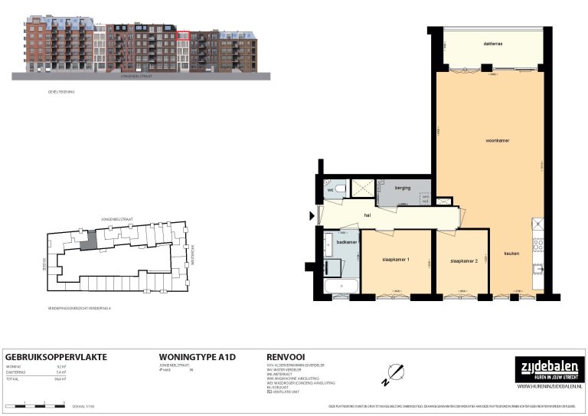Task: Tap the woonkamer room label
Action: tap(498, 141)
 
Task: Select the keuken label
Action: tap(511, 254)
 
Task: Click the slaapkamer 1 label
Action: tap(396, 260)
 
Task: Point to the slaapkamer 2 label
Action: tap(464, 260)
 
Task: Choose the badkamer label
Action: tap(347, 242)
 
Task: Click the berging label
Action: tap(403, 188)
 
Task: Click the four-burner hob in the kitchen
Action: tap(538, 245)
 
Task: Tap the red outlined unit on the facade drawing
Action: tap(183, 35)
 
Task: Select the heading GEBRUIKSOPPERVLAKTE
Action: tap(56, 357)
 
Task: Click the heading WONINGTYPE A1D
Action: tap(196, 357)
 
